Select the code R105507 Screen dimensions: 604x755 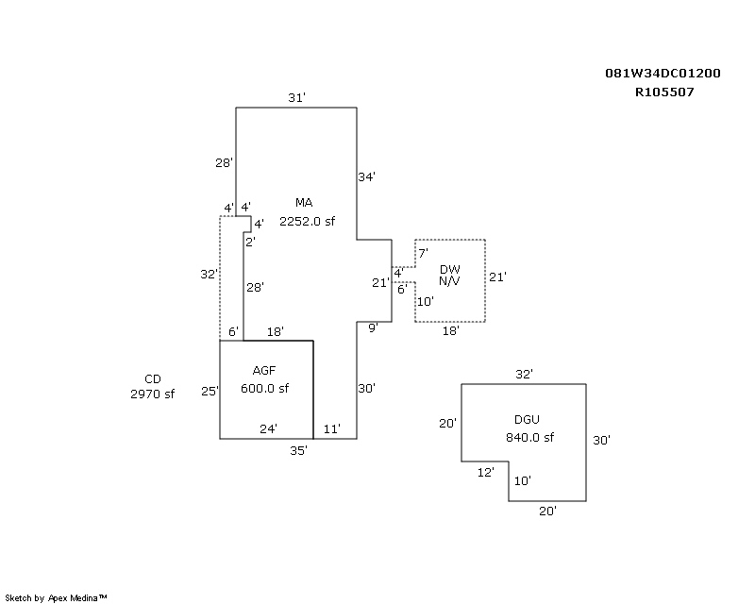click(664, 92)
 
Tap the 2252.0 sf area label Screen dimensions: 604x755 click(307, 222)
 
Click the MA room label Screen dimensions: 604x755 click(303, 203)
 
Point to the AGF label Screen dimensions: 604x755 click(263, 370)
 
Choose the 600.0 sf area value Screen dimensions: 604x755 click(263, 389)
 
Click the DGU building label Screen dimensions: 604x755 click(528, 418)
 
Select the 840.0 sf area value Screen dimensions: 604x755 click(529, 437)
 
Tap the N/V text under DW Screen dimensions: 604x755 click(450, 282)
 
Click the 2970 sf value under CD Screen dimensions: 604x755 click(153, 394)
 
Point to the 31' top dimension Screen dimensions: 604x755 click(296, 97)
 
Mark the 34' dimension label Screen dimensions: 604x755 click(367, 176)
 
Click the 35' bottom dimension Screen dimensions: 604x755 click(298, 450)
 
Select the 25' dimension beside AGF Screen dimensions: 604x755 click(210, 391)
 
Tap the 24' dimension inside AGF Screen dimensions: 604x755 click(268, 428)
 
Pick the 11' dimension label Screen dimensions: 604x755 click(331, 428)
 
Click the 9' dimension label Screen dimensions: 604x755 click(373, 327)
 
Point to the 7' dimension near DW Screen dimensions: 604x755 click(423, 253)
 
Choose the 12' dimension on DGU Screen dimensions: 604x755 click(486, 472)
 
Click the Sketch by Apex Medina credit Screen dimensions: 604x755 click(57, 597)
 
